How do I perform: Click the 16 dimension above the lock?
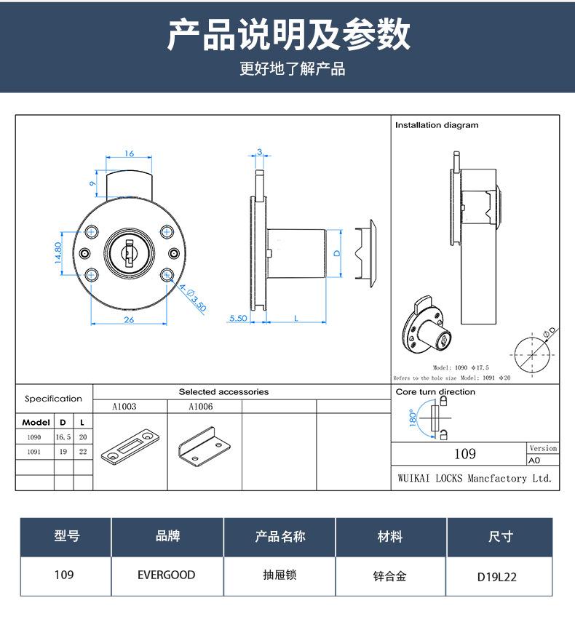click(x=129, y=153)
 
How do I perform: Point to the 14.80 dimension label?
click(x=59, y=253)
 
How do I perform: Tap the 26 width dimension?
click(x=129, y=319)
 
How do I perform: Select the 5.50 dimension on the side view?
click(x=238, y=319)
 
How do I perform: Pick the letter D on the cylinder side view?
click(x=336, y=252)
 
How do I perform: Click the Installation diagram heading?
click(x=437, y=125)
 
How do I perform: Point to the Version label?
click(x=543, y=448)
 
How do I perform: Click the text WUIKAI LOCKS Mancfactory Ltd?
click(x=475, y=478)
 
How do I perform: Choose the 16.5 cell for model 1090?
click(x=63, y=437)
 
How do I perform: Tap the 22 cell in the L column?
click(x=82, y=451)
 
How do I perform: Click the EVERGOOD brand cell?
click(x=167, y=575)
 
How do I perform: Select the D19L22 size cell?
click(x=500, y=577)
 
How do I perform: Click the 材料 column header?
click(x=390, y=537)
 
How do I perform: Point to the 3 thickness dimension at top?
click(x=259, y=152)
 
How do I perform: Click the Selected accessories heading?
click(x=223, y=391)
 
